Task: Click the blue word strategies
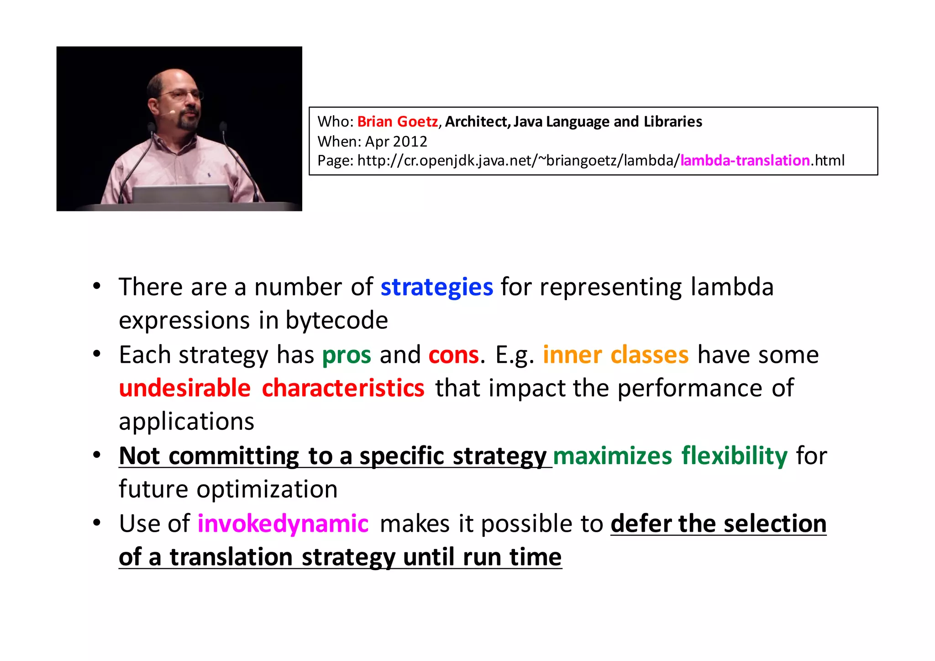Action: (x=436, y=287)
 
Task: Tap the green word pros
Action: (x=347, y=355)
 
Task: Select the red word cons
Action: (x=453, y=355)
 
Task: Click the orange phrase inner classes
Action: (x=615, y=355)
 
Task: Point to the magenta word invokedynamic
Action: (x=283, y=524)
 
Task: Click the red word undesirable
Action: (x=185, y=389)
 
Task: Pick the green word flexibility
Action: (x=734, y=456)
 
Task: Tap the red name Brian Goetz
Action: (x=397, y=122)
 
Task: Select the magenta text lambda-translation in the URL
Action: (x=745, y=161)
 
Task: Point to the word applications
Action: (x=186, y=422)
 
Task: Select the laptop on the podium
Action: (x=180, y=194)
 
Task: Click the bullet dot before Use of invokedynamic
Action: (x=96, y=523)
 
